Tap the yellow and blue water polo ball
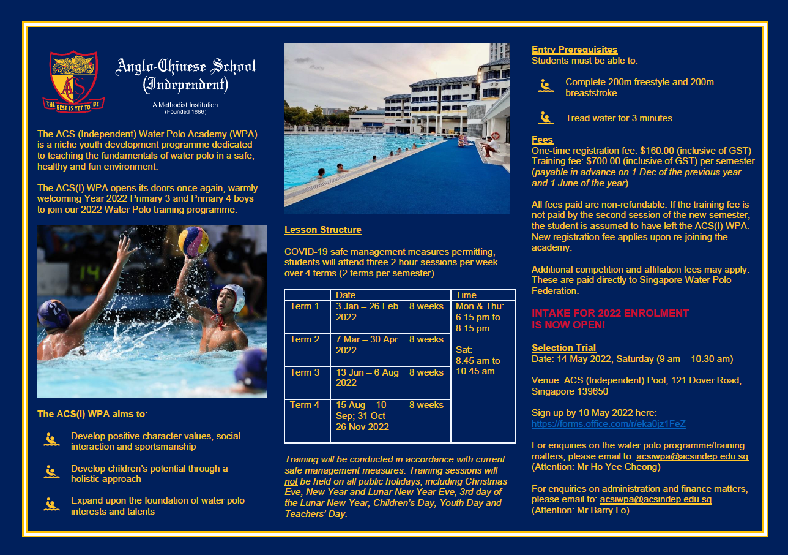[193, 241]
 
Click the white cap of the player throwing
[234, 296]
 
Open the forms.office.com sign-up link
[608, 423]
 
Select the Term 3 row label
[305, 372]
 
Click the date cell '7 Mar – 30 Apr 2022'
[366, 345]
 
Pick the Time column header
[466, 295]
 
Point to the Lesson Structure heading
[322, 230]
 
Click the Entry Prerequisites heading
[574, 50]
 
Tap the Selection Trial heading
[563, 348]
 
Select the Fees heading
[542, 140]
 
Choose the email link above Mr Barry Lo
[655, 500]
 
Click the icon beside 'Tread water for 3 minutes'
[546, 118]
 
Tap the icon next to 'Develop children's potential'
[52, 472]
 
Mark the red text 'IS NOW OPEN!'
[568, 325]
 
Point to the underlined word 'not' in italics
[291, 481]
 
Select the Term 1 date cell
[366, 312]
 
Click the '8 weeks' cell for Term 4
[426, 405]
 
